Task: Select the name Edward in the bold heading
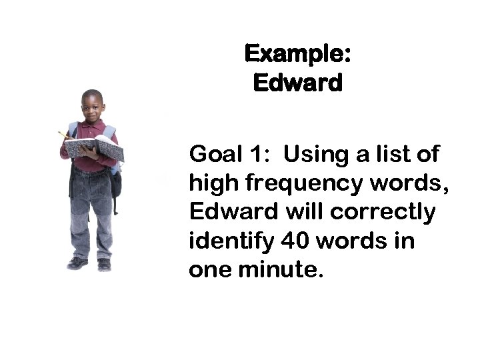[x=297, y=83]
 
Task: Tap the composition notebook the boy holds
[x=95, y=148]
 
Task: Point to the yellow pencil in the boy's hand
[x=63, y=135]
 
